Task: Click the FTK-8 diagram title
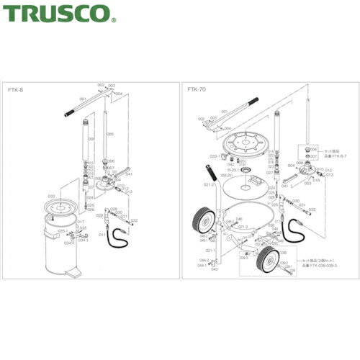pyautogui.click(x=16, y=91)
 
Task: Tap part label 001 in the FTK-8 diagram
pyautogui.click(x=83, y=99)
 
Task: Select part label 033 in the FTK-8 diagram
pyautogui.click(x=52, y=195)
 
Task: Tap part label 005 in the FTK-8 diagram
pyautogui.click(x=109, y=135)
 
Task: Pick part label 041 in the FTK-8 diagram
pyautogui.click(x=128, y=174)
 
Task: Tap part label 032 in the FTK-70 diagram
pyautogui.click(x=312, y=210)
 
